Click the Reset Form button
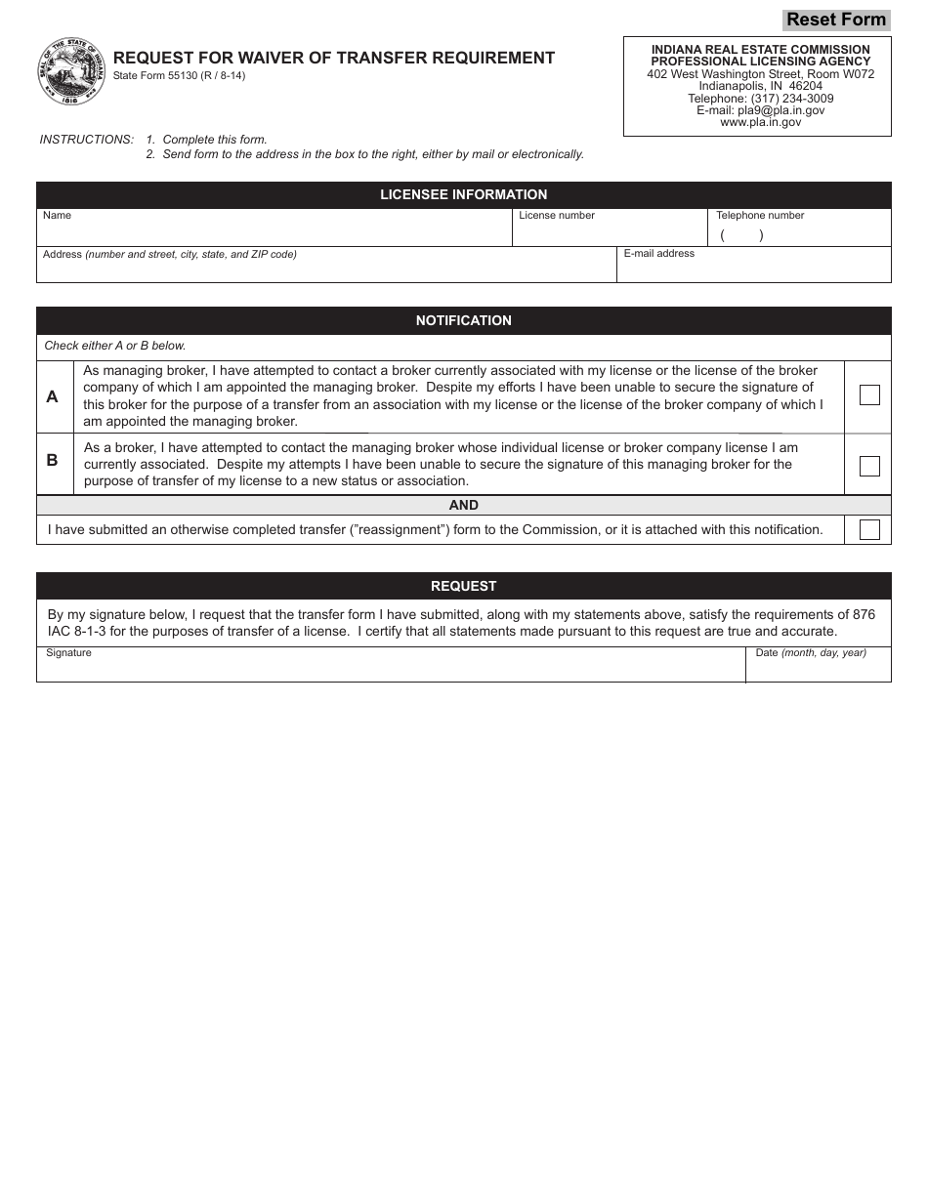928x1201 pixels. pyautogui.click(x=836, y=20)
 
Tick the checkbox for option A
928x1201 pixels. pyautogui.click(x=868, y=395)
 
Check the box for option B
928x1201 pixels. pyautogui.click(x=868, y=466)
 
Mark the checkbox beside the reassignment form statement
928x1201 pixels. pyautogui.click(x=868, y=530)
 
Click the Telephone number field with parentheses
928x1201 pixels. pyautogui.click(x=799, y=234)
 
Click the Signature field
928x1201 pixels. pyautogui.click(x=391, y=668)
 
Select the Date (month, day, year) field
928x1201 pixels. pyautogui.click(x=819, y=668)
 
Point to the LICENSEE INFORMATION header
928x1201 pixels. pyautogui.click(x=463, y=195)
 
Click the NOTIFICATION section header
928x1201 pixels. pyautogui.click(x=463, y=320)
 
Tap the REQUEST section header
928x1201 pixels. pyautogui.click(x=463, y=586)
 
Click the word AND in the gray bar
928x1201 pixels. pyautogui.click(x=463, y=505)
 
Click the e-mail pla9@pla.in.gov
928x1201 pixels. pyautogui.click(x=760, y=110)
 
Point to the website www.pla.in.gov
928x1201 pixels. pyautogui.click(x=760, y=123)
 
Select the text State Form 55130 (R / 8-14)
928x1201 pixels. pyautogui.click(x=179, y=76)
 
